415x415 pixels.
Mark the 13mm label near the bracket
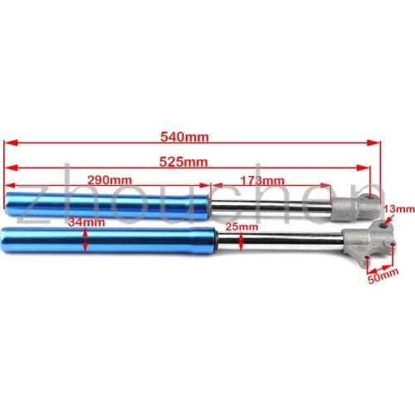(399, 209)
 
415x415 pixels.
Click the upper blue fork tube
(108, 202)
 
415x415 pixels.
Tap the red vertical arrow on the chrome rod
(240, 240)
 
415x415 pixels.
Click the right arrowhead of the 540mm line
(376, 142)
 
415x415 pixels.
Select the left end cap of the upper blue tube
(10, 201)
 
